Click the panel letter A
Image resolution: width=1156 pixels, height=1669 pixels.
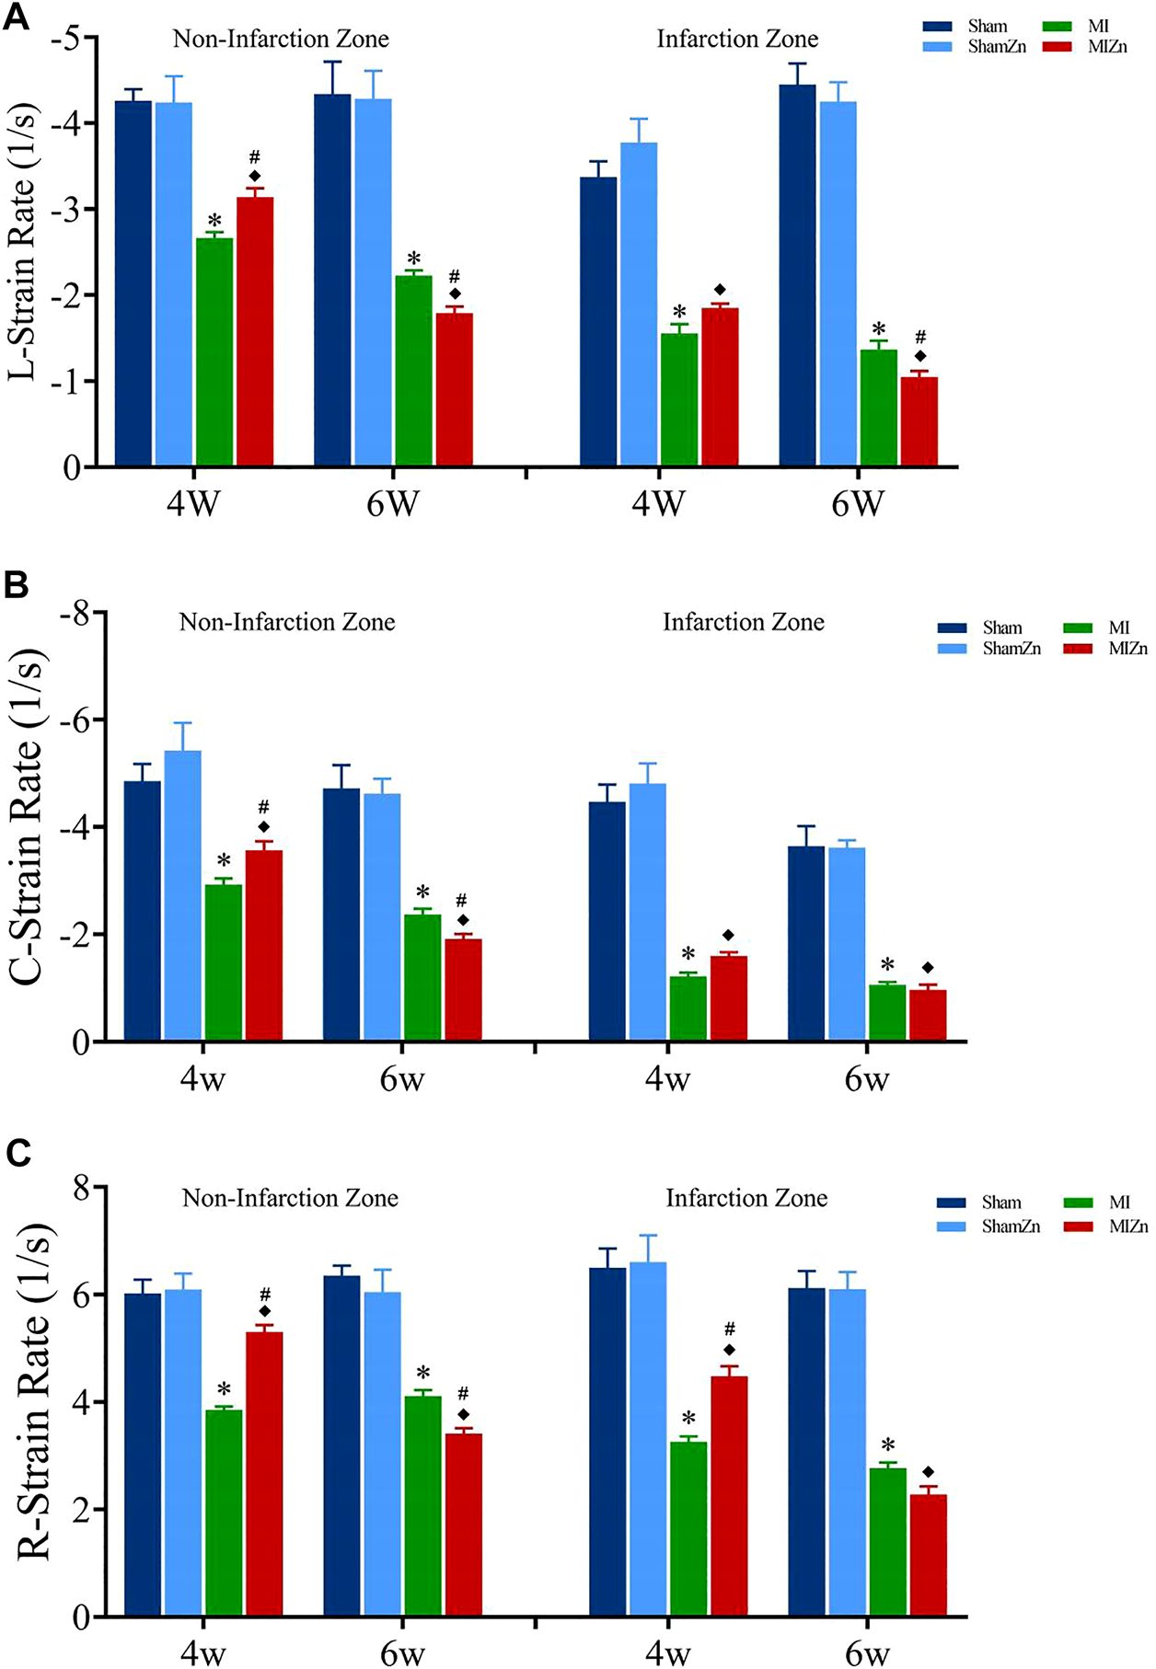pos(17,19)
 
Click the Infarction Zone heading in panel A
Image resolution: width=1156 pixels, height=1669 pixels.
pos(737,39)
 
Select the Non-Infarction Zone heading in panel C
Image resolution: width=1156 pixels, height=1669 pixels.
pos(290,1198)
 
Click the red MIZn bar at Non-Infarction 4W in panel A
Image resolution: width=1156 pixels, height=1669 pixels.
pos(255,331)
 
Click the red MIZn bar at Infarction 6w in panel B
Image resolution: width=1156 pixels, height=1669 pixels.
pos(928,1016)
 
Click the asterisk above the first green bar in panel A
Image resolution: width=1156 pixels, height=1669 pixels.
pos(214,222)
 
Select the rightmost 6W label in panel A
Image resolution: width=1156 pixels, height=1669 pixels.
pos(858,504)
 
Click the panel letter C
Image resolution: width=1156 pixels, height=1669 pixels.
pos(17,1153)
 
